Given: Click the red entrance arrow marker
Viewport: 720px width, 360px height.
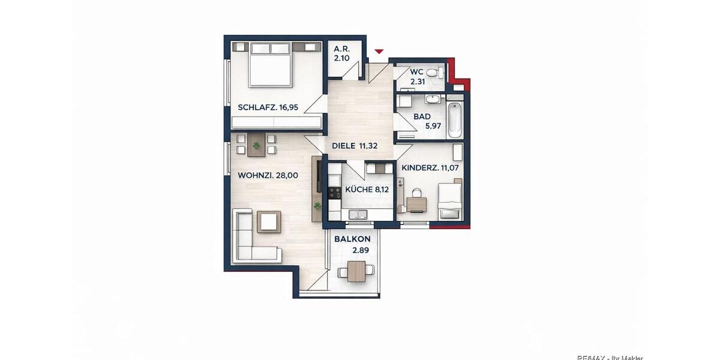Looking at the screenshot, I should (378, 52).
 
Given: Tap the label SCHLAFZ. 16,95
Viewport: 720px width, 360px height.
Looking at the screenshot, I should (268, 108).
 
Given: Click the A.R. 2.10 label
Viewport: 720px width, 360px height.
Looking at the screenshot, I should (342, 54).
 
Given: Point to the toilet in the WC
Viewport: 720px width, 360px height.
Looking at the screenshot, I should (440, 73).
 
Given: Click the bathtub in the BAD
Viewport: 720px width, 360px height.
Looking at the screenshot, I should (454, 119).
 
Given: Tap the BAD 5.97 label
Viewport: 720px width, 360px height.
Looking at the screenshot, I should (427, 121).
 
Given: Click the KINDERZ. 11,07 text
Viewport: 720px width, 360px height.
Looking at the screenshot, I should (430, 168).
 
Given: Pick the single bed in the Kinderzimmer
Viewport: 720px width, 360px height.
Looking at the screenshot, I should (449, 201).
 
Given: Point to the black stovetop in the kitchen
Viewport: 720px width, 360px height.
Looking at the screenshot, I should (334, 193).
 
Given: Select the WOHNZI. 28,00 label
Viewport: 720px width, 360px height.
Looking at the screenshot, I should (268, 176).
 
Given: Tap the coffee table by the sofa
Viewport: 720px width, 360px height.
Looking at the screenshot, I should (269, 222).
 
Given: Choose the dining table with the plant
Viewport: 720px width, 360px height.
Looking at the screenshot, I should (257, 146).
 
